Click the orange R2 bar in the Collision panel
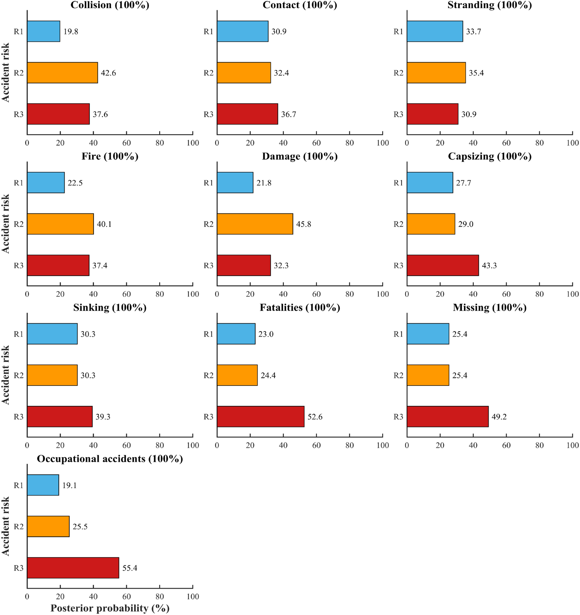[62, 73]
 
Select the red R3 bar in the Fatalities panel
[260, 416]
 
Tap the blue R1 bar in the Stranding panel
[435, 31]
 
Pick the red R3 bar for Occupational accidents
[73, 568]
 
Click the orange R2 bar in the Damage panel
[255, 224]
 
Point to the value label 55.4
[129, 568]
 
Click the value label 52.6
[315, 417]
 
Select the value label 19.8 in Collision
[71, 31]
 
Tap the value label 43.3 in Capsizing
[489, 265]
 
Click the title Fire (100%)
[110, 156]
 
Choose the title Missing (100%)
[490, 307]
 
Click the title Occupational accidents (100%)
[110, 459]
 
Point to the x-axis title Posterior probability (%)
[110, 608]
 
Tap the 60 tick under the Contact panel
[316, 143]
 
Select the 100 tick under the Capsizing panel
[572, 294]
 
